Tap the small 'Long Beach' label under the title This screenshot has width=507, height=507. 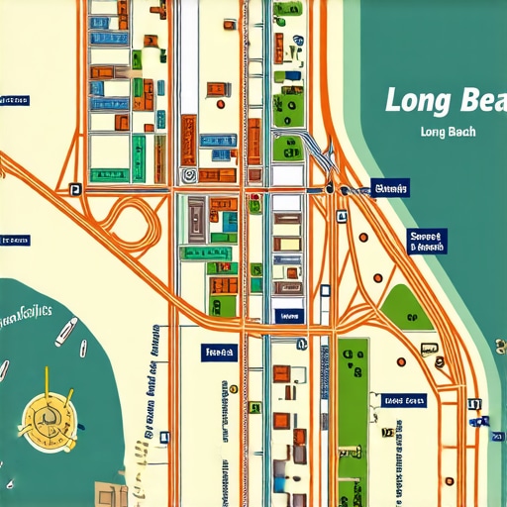pyautogui.click(x=448, y=132)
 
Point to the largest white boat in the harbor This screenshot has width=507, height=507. pyautogui.click(x=65, y=331)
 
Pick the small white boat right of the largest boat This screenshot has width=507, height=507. pyautogui.click(x=83, y=350)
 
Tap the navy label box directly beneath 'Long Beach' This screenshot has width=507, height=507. pyautogui.click(x=390, y=186)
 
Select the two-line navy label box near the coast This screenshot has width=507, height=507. pyautogui.click(x=428, y=242)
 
